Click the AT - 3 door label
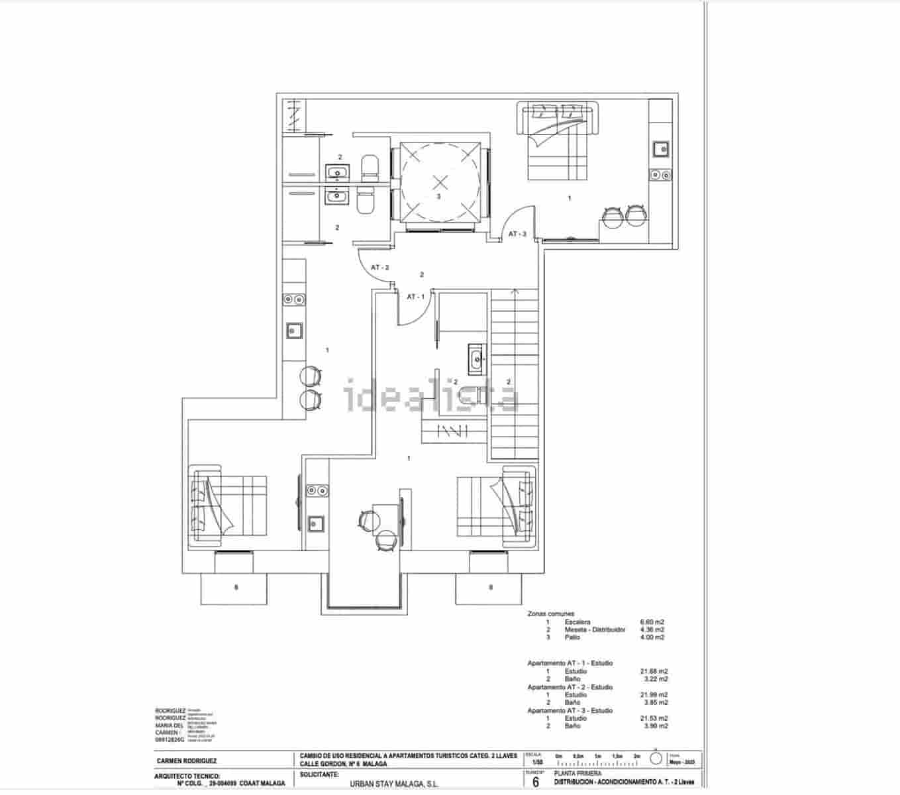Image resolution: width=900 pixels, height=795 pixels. tap(517, 234)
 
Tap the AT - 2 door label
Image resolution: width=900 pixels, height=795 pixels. tap(379, 268)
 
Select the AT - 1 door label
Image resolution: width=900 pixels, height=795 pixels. tap(415, 296)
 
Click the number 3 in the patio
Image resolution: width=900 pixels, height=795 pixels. tap(438, 197)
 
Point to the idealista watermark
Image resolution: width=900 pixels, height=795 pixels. tap(431, 396)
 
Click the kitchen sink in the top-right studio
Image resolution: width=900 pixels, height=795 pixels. tap(661, 148)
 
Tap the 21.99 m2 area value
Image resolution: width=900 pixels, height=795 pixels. tap(654, 695)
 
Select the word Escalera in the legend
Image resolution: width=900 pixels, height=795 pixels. tap(577, 622)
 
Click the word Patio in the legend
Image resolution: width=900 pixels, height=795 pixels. tap(572, 637)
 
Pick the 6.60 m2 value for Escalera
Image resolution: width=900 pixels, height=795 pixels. tap(652, 622)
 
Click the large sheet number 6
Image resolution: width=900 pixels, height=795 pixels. tap(536, 782)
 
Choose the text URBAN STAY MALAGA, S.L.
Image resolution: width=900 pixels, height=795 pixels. tap(394, 783)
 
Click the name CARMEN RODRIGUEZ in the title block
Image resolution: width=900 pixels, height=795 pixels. tap(186, 761)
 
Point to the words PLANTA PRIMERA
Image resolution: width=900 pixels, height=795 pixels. tap(578, 774)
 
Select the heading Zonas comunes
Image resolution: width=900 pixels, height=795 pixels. tap(550, 614)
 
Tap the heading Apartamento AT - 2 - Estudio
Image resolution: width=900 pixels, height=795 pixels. tap(570, 687)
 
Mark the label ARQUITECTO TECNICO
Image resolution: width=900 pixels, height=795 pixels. tap(187, 775)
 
